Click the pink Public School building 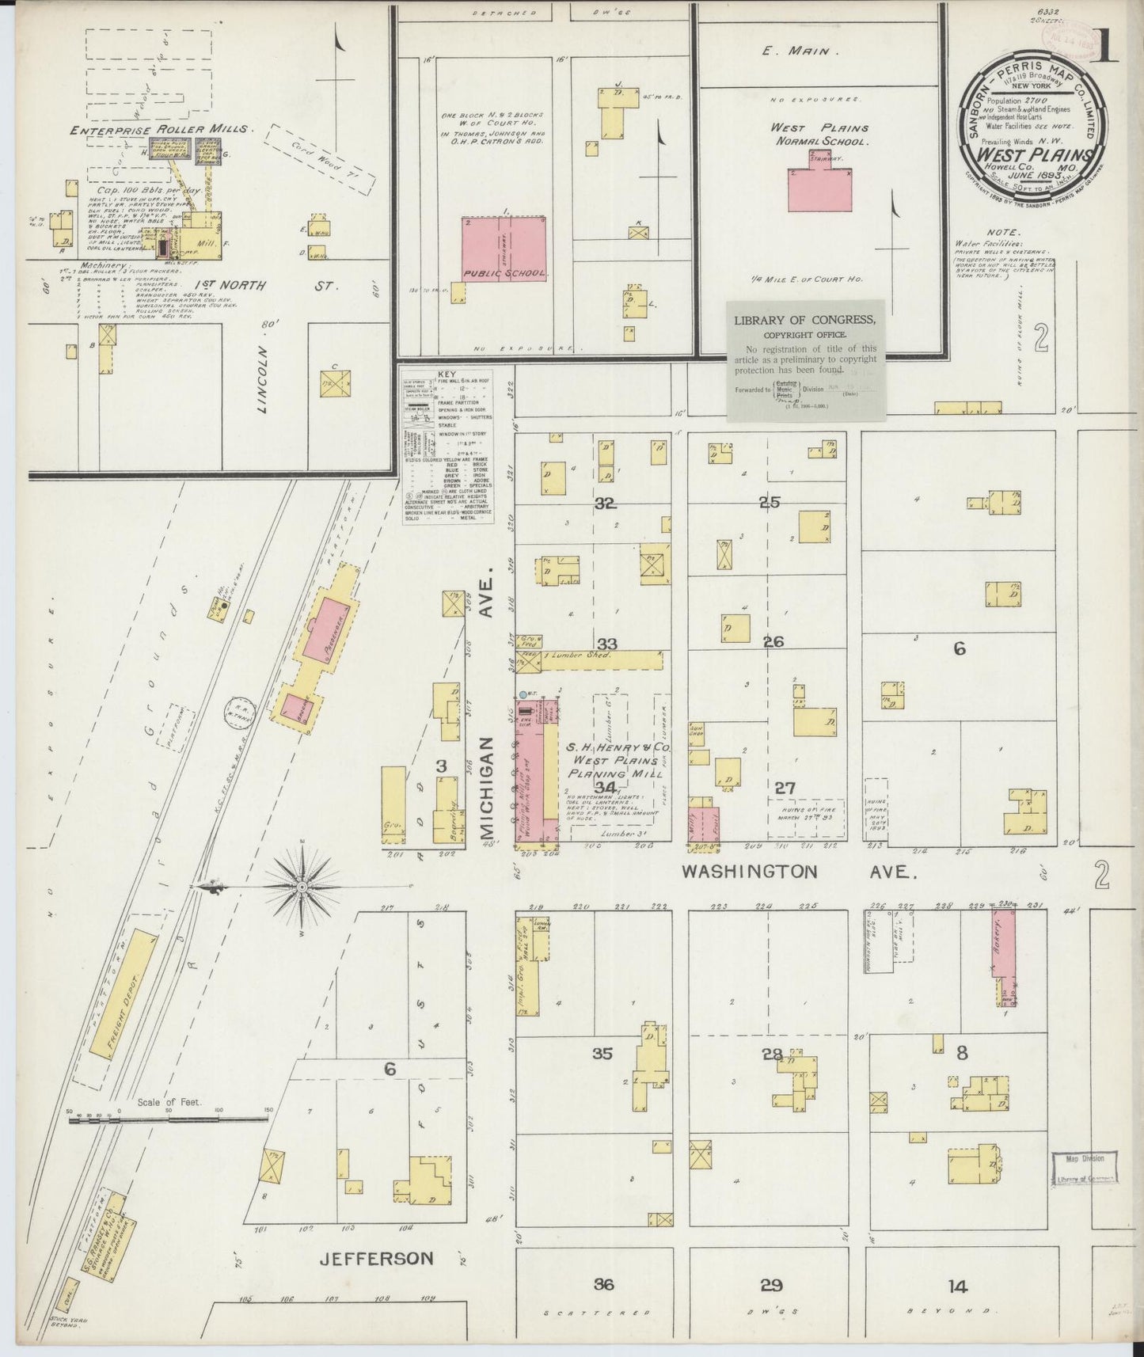tap(505, 248)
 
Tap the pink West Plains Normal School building tap(820, 188)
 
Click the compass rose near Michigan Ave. tap(301, 888)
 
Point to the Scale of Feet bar tap(168, 1119)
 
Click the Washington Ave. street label tap(800, 872)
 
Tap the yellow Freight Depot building tap(122, 993)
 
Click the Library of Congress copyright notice tap(805, 359)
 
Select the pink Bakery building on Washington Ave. tap(1004, 952)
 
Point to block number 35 tap(602, 1054)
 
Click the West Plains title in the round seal tap(1036, 155)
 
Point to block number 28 tap(772, 1054)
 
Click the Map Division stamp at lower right tap(1084, 1167)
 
